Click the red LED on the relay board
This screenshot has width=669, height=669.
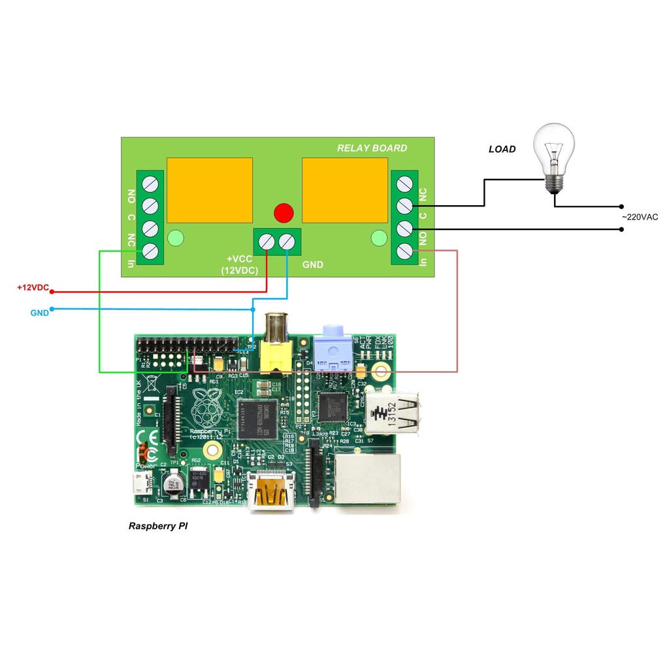284,212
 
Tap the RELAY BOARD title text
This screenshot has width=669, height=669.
372,148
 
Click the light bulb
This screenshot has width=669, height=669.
554,154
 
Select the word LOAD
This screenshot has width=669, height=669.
502,149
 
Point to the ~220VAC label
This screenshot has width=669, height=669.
639,216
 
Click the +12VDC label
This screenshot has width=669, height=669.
33,287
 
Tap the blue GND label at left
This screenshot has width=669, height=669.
39,313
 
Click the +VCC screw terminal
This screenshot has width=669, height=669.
267,242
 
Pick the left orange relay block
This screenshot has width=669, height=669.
210,189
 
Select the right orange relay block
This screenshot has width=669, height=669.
342,189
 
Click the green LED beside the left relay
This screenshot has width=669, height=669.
175,238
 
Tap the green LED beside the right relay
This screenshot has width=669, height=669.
378,240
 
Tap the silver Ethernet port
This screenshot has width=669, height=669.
367,480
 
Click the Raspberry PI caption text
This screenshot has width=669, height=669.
157,526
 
